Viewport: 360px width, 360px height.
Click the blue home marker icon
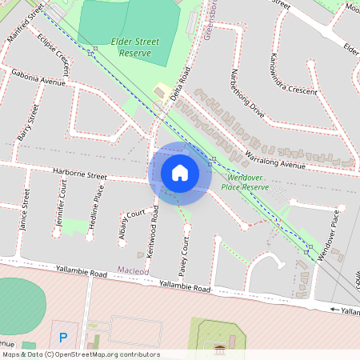tap(180, 173)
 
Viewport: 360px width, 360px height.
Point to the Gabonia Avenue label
tap(38, 77)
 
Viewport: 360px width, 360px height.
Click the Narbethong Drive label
tap(246, 95)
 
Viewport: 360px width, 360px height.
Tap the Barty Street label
tap(28, 126)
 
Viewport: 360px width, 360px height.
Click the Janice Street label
tap(26, 210)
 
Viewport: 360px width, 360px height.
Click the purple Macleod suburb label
tap(133, 271)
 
